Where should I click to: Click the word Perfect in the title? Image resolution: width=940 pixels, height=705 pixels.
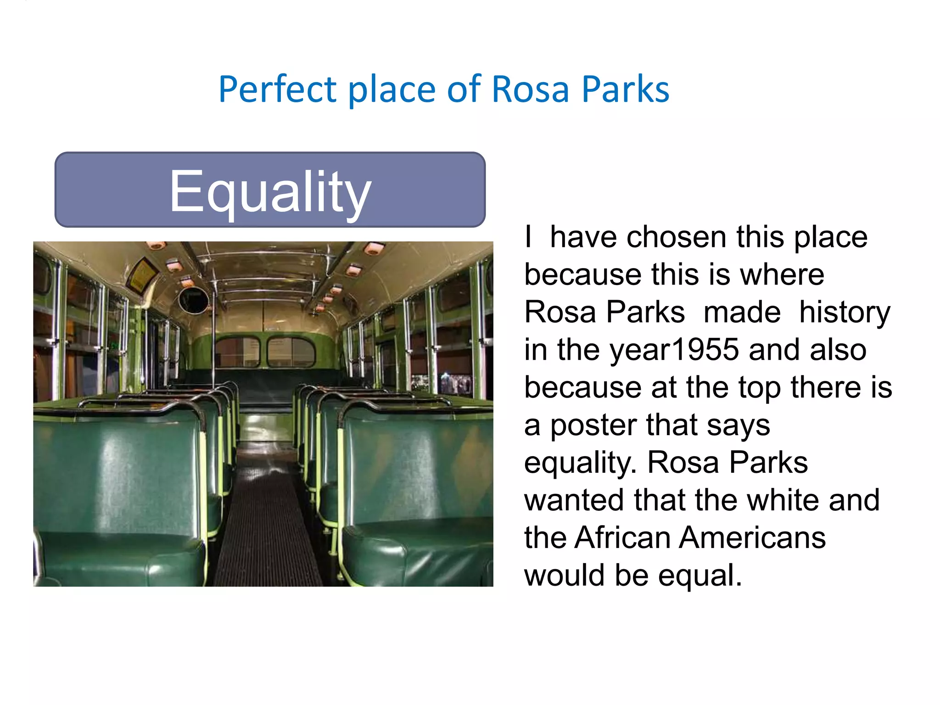click(x=278, y=90)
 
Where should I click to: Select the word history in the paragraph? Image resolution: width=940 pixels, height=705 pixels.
click(x=845, y=312)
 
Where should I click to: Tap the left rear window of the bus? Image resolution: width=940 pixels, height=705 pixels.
click(x=237, y=352)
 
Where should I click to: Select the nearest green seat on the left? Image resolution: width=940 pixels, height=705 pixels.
click(x=115, y=496)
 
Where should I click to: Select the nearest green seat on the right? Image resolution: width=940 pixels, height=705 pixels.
click(x=418, y=496)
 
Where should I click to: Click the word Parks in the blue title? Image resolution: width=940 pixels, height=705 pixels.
click(x=625, y=90)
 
